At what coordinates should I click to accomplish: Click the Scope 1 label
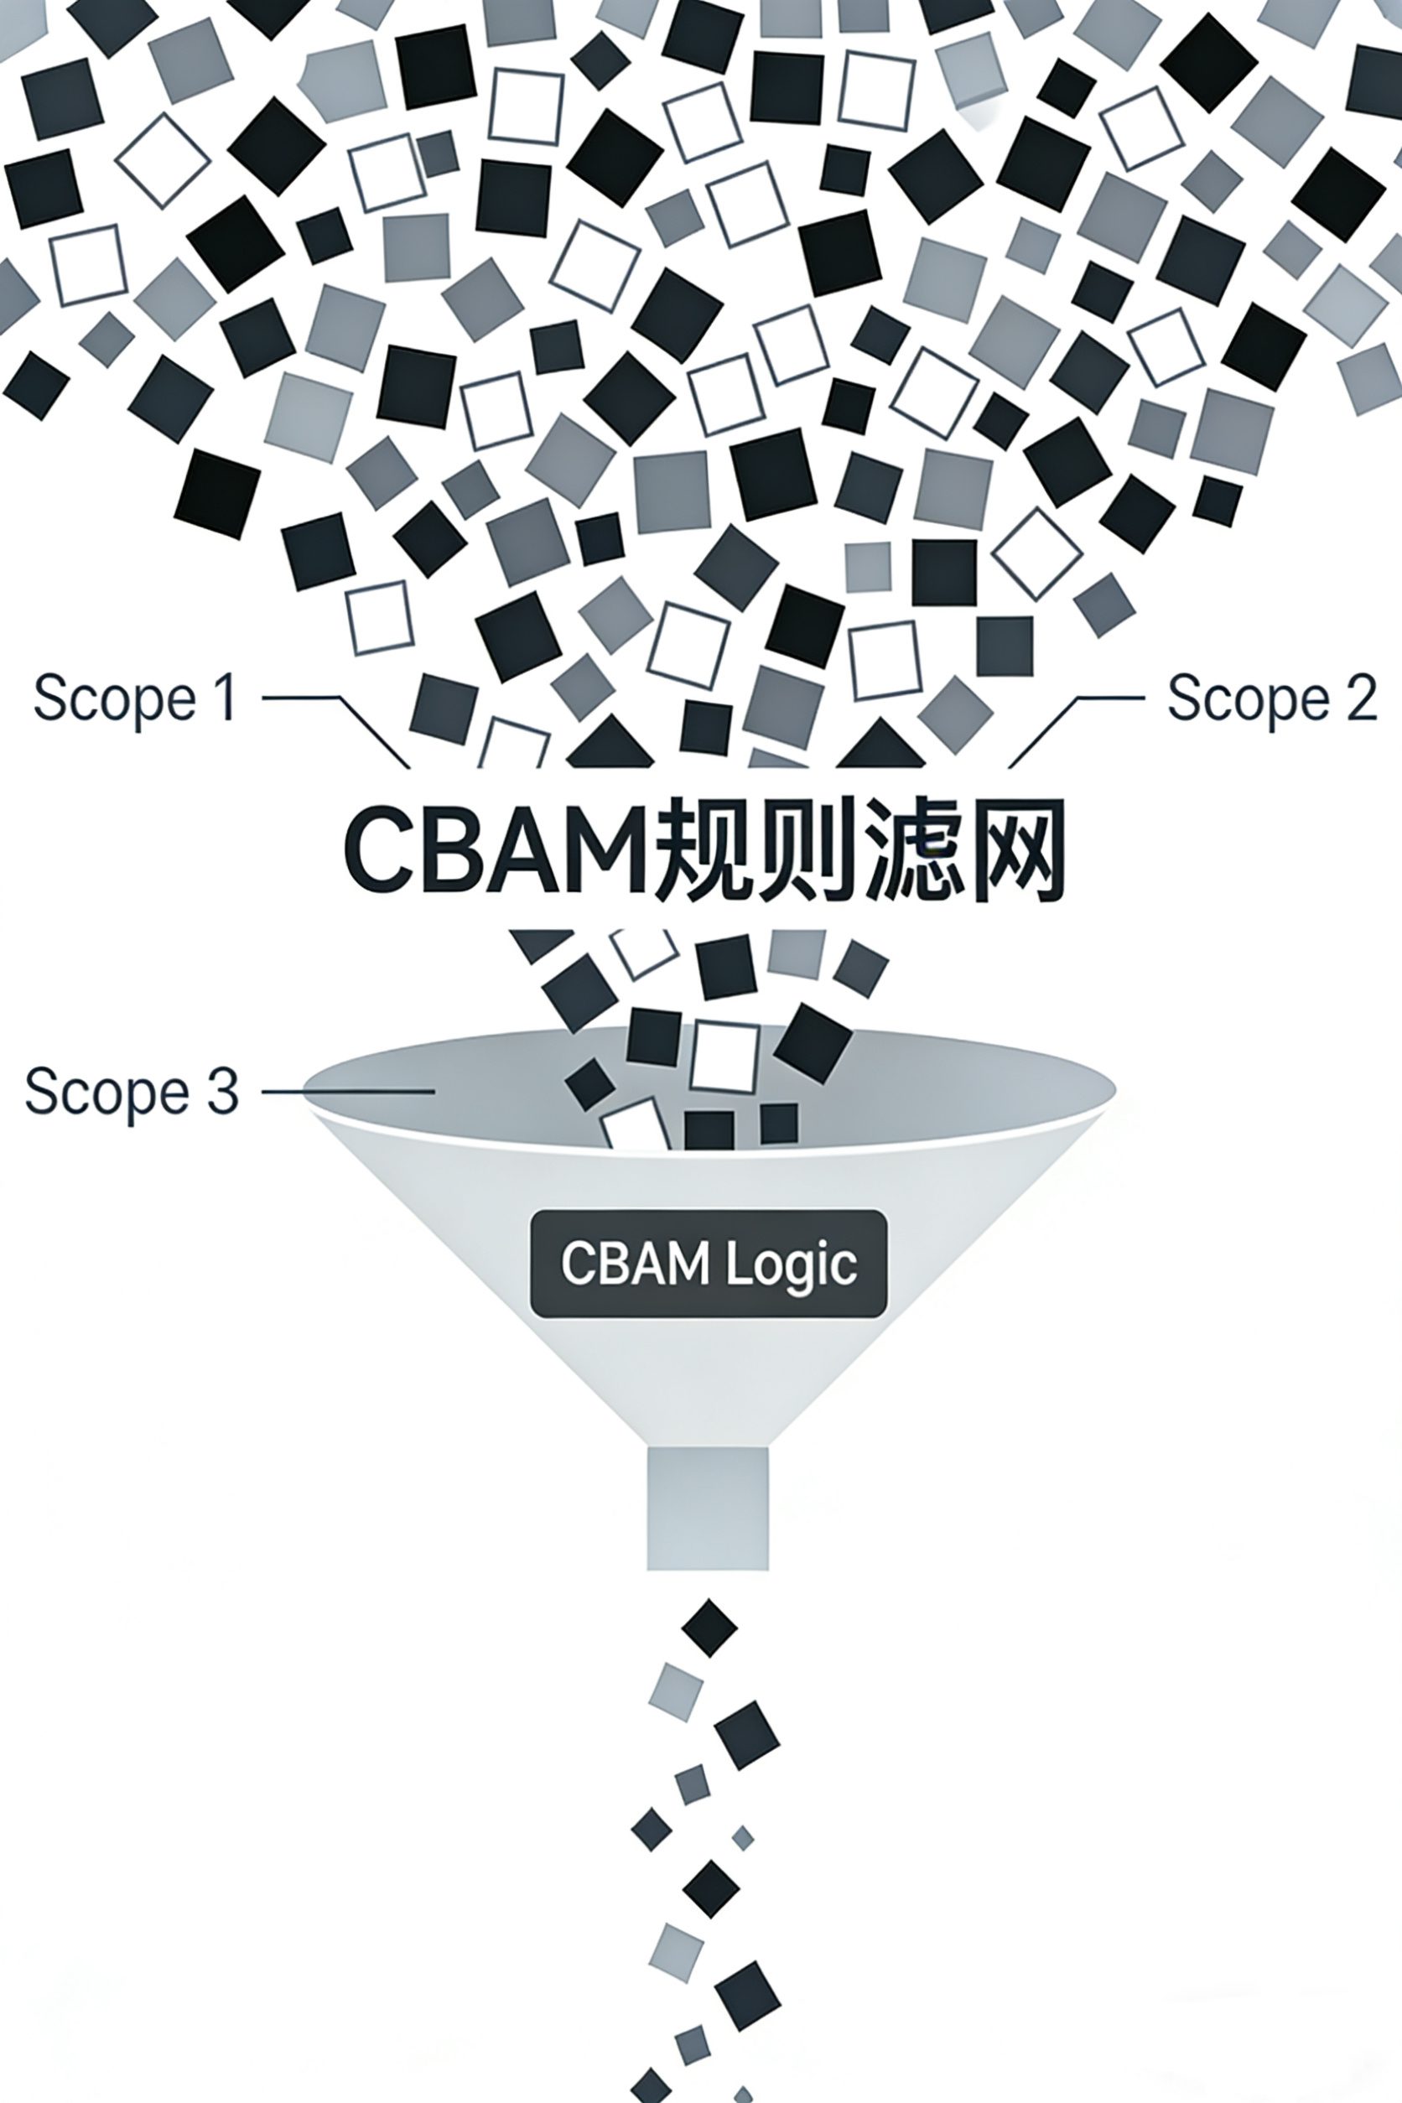coord(135,698)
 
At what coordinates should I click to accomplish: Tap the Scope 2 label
coord(1271,698)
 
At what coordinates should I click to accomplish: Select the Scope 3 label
coord(132,1092)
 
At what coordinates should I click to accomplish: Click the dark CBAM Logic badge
coord(709,1264)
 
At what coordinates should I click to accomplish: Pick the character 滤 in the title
coord(906,849)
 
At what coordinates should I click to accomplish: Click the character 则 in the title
coord(804,849)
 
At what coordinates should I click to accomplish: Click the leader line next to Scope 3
coord(349,1091)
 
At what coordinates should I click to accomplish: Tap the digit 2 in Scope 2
coord(1362,698)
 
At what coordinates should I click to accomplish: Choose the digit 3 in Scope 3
coord(224,1092)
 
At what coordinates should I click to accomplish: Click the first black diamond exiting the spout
coord(709,1628)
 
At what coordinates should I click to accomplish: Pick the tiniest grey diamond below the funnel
coord(742,1838)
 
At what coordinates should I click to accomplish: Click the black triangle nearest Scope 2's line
coord(881,746)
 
